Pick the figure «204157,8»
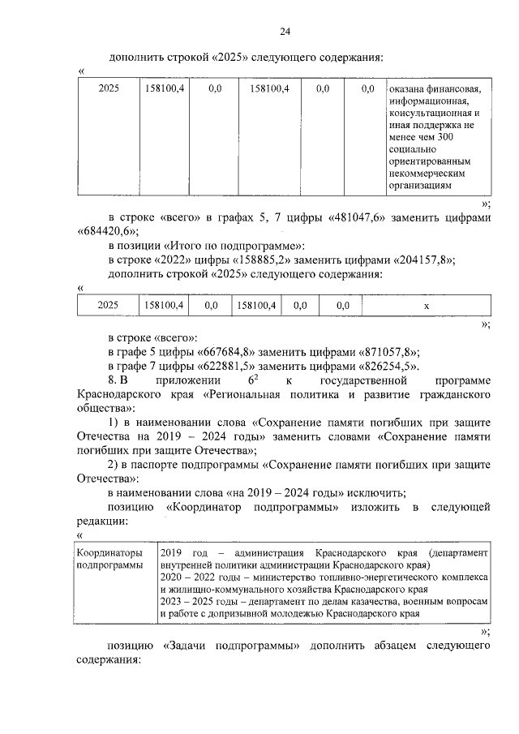point(422,260)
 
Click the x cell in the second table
point(426,305)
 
